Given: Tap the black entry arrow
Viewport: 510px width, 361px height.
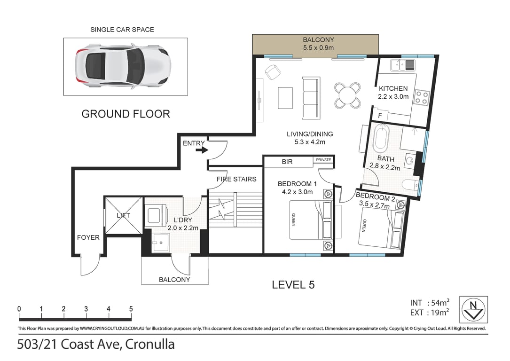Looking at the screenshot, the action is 202,150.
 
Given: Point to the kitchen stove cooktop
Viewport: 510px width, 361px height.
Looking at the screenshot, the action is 422,98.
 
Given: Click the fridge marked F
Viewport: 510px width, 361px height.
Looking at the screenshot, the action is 380,116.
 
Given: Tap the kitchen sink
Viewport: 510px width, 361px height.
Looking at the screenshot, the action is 403,65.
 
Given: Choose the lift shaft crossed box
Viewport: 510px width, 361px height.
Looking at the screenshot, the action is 123,215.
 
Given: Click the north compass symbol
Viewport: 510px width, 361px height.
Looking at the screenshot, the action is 473,309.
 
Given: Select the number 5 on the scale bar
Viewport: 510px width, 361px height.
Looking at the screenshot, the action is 131,309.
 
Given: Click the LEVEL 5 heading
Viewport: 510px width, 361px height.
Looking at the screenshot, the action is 293,285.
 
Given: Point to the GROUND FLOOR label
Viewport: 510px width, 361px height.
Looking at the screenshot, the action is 126,114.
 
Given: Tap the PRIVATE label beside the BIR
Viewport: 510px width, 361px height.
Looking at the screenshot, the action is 323,160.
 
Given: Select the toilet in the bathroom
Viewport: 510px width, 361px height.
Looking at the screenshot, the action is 410,185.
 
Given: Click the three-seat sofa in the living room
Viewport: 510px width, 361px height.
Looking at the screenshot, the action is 311,98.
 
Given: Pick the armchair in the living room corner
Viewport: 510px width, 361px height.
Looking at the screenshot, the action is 272,72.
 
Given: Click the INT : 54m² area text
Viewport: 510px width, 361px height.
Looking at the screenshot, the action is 430,303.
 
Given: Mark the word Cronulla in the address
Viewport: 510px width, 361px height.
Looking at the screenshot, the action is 150,344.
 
